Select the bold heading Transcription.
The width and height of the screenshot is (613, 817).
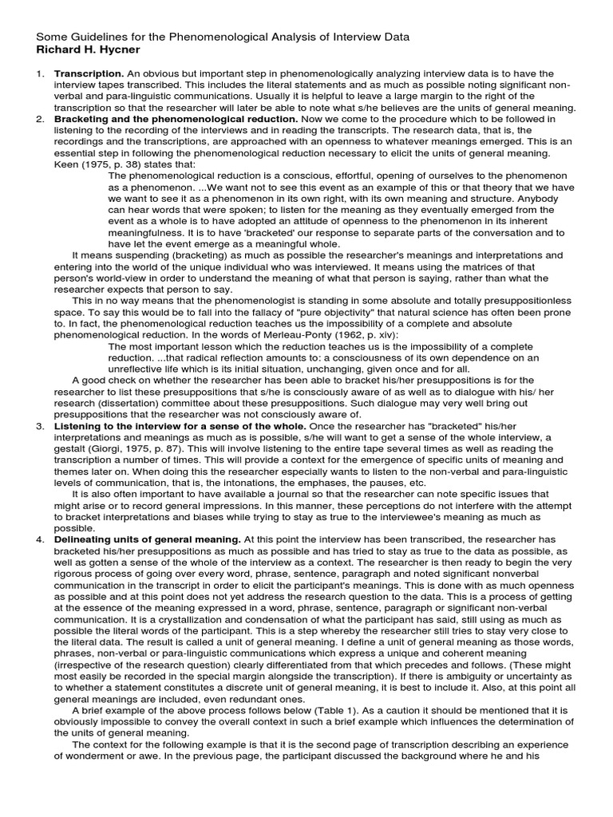point(85,73)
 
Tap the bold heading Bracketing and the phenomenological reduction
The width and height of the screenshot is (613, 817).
point(176,119)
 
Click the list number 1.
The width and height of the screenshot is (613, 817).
point(39,73)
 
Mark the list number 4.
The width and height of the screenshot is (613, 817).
point(39,539)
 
